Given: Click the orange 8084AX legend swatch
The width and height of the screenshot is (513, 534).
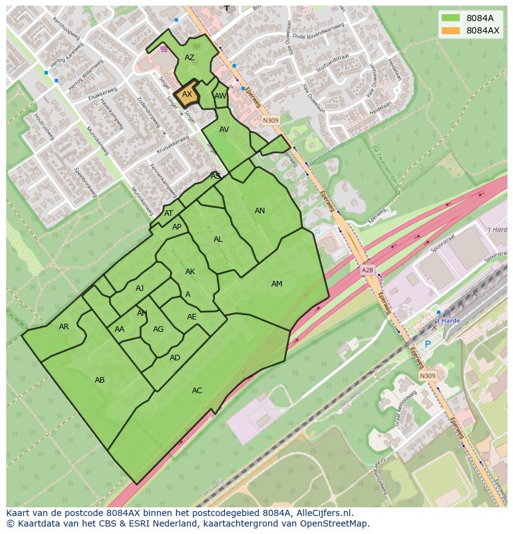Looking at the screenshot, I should point(451,30).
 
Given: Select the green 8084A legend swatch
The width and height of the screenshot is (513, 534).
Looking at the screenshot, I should point(451,18).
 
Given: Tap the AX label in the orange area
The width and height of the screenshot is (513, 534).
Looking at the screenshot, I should point(187,94).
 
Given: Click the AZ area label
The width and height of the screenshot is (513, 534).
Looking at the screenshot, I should point(190,58).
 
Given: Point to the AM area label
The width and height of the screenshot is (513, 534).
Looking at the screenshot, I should point(277,284).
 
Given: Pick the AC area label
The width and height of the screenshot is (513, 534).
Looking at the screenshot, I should point(197,391).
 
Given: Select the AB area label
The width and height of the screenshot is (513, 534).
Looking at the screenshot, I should point(100,380).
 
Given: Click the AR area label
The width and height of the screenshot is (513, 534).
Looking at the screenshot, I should point(64,327).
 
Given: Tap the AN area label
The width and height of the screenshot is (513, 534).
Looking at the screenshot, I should point(260,211).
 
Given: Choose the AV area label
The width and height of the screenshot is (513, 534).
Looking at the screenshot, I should point(224,130).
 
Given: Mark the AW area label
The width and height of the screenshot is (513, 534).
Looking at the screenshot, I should point(220,96).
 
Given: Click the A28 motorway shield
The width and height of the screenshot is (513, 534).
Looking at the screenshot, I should point(368,271).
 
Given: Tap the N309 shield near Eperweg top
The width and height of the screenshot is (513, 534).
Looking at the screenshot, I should point(270,120).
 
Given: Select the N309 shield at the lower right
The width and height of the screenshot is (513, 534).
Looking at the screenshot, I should point(427,376).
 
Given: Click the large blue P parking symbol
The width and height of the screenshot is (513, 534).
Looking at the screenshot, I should point(427,344).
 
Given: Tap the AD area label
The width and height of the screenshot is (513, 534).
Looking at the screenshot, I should point(175,358).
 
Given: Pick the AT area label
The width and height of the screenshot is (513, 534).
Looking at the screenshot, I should point(169,213).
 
